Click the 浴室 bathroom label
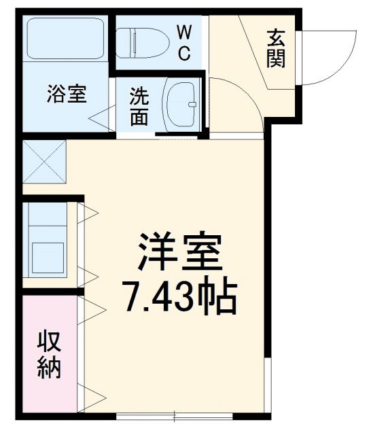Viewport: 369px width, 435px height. pos(67,95)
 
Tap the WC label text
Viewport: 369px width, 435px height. pos(184,43)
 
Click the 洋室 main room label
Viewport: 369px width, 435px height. pos(180,253)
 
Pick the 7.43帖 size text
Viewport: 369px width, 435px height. pos(179,296)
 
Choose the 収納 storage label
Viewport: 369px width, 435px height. pos(49,354)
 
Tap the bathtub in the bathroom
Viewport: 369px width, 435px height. pos(65,40)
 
